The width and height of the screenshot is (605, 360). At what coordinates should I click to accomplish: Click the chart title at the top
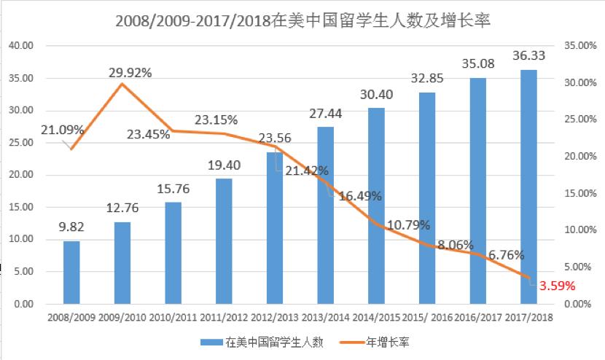pos(302,21)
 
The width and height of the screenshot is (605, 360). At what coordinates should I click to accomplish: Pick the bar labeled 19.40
pos(224,240)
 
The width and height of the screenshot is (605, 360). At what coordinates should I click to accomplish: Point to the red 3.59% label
pos(557,286)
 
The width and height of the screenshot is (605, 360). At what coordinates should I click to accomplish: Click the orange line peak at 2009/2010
pos(122,84)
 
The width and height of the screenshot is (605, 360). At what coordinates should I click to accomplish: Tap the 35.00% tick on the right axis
pos(580,45)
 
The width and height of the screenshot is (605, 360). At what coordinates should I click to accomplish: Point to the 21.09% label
pos(62,130)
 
